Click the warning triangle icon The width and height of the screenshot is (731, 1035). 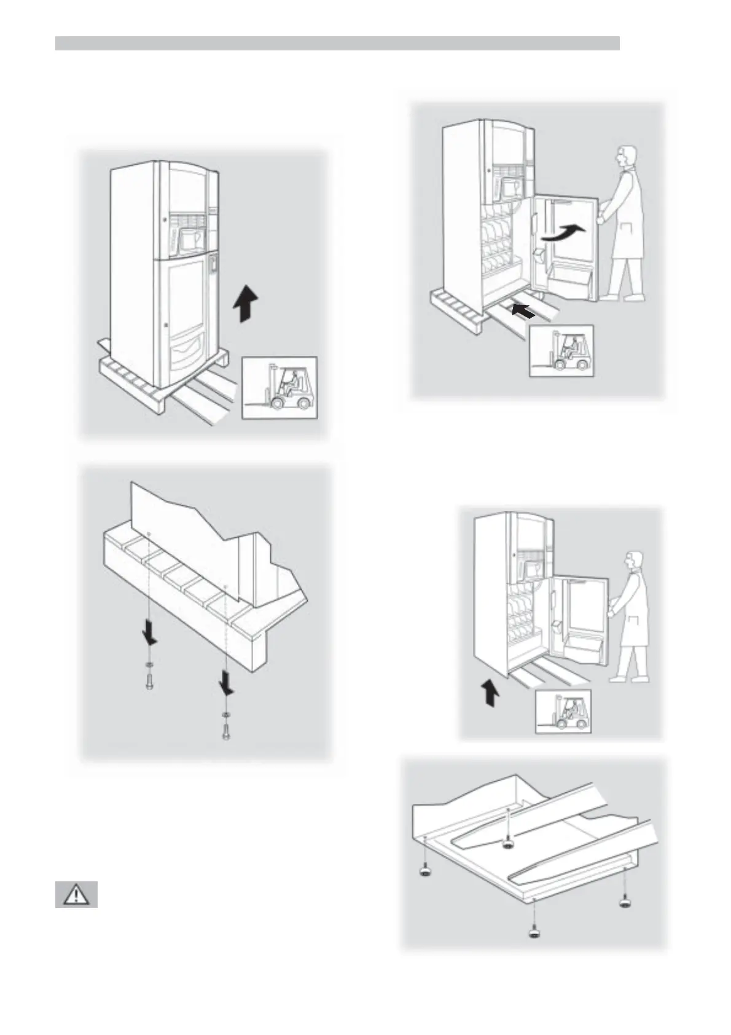coord(76,894)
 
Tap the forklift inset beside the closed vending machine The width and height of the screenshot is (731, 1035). coord(279,388)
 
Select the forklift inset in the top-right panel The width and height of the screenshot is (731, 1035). coord(561,351)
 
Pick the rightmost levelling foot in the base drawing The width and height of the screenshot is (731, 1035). coord(625,902)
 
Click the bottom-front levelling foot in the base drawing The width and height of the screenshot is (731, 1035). coord(534,934)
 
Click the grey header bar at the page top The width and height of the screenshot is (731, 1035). coord(337,43)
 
